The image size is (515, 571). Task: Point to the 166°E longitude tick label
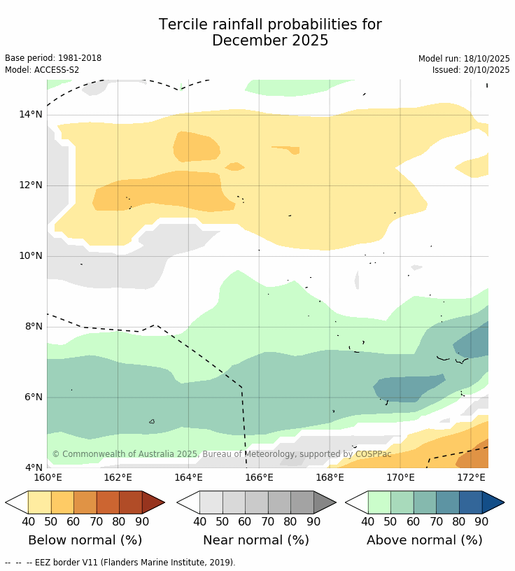pyautogui.click(x=259, y=478)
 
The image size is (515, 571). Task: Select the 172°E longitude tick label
pyautogui.click(x=471, y=478)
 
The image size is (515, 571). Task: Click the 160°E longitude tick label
pyautogui.click(x=48, y=478)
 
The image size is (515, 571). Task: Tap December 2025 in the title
pyautogui.click(x=270, y=41)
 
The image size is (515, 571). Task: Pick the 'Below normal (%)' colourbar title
pyautogui.click(x=85, y=540)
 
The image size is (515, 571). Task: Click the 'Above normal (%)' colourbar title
pyautogui.click(x=424, y=540)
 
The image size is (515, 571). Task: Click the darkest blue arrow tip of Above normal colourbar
pyautogui.click(x=494, y=502)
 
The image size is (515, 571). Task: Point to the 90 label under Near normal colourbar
pyautogui.click(x=313, y=521)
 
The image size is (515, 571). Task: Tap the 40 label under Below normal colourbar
pyautogui.click(x=29, y=521)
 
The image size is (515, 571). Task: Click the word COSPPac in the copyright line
pyautogui.click(x=374, y=454)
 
